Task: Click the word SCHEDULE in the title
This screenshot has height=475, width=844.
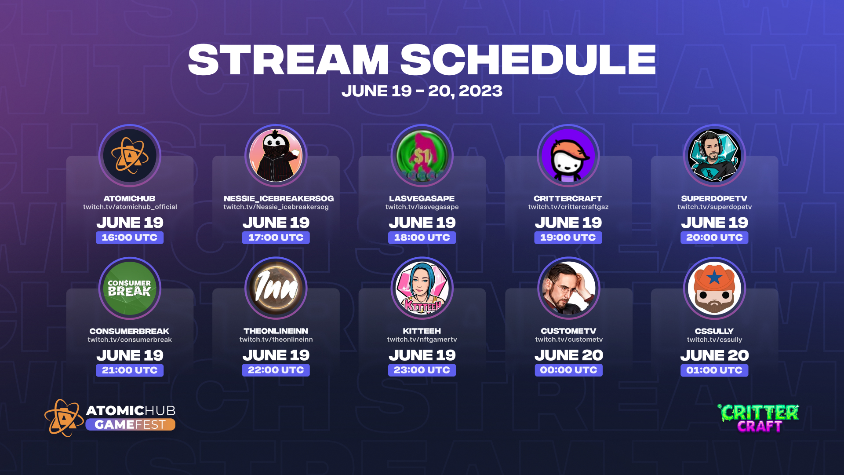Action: point(527,60)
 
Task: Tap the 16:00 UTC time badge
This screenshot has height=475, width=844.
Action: point(130,237)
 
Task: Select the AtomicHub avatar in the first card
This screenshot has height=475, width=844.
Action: point(130,156)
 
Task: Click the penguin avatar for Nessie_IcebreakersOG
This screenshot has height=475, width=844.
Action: point(276,156)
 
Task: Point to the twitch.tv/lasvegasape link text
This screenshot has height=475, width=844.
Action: point(422,207)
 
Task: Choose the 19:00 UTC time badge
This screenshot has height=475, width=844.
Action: point(568,237)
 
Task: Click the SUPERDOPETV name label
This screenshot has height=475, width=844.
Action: point(714,198)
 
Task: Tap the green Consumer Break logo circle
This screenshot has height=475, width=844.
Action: point(130,288)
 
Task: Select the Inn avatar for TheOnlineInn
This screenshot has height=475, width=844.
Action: point(276,288)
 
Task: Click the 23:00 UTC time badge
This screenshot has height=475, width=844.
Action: point(422,370)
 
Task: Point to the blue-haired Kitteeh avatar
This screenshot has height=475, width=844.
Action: point(422,288)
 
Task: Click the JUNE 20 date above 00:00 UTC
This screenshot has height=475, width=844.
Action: point(568,355)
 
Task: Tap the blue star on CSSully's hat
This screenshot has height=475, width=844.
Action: point(715,278)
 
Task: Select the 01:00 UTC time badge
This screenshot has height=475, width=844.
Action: point(714,370)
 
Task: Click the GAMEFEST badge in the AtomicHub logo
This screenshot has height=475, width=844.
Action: point(130,424)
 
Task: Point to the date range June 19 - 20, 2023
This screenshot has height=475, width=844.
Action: point(422,91)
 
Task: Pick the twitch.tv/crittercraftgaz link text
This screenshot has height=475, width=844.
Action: point(568,207)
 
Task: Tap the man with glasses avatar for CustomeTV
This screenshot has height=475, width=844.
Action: point(568,288)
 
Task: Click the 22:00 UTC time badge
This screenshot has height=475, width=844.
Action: point(276,370)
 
